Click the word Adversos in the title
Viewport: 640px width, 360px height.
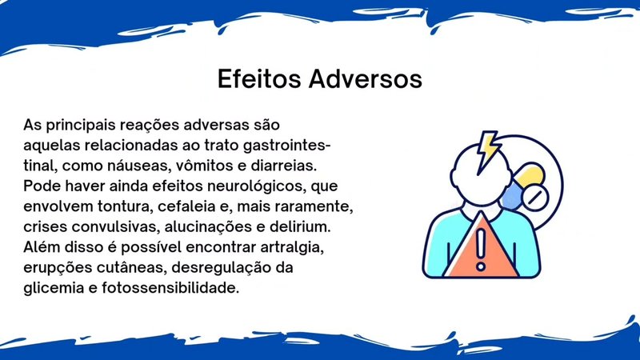coord(366,78)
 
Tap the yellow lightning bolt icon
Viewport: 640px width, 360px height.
coord(488,150)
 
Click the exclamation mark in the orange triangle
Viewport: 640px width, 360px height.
coord(481,250)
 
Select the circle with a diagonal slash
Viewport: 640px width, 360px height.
coord(535,198)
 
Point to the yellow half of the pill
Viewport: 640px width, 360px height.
coord(530,174)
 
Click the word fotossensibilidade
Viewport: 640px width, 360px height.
coord(170,288)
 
